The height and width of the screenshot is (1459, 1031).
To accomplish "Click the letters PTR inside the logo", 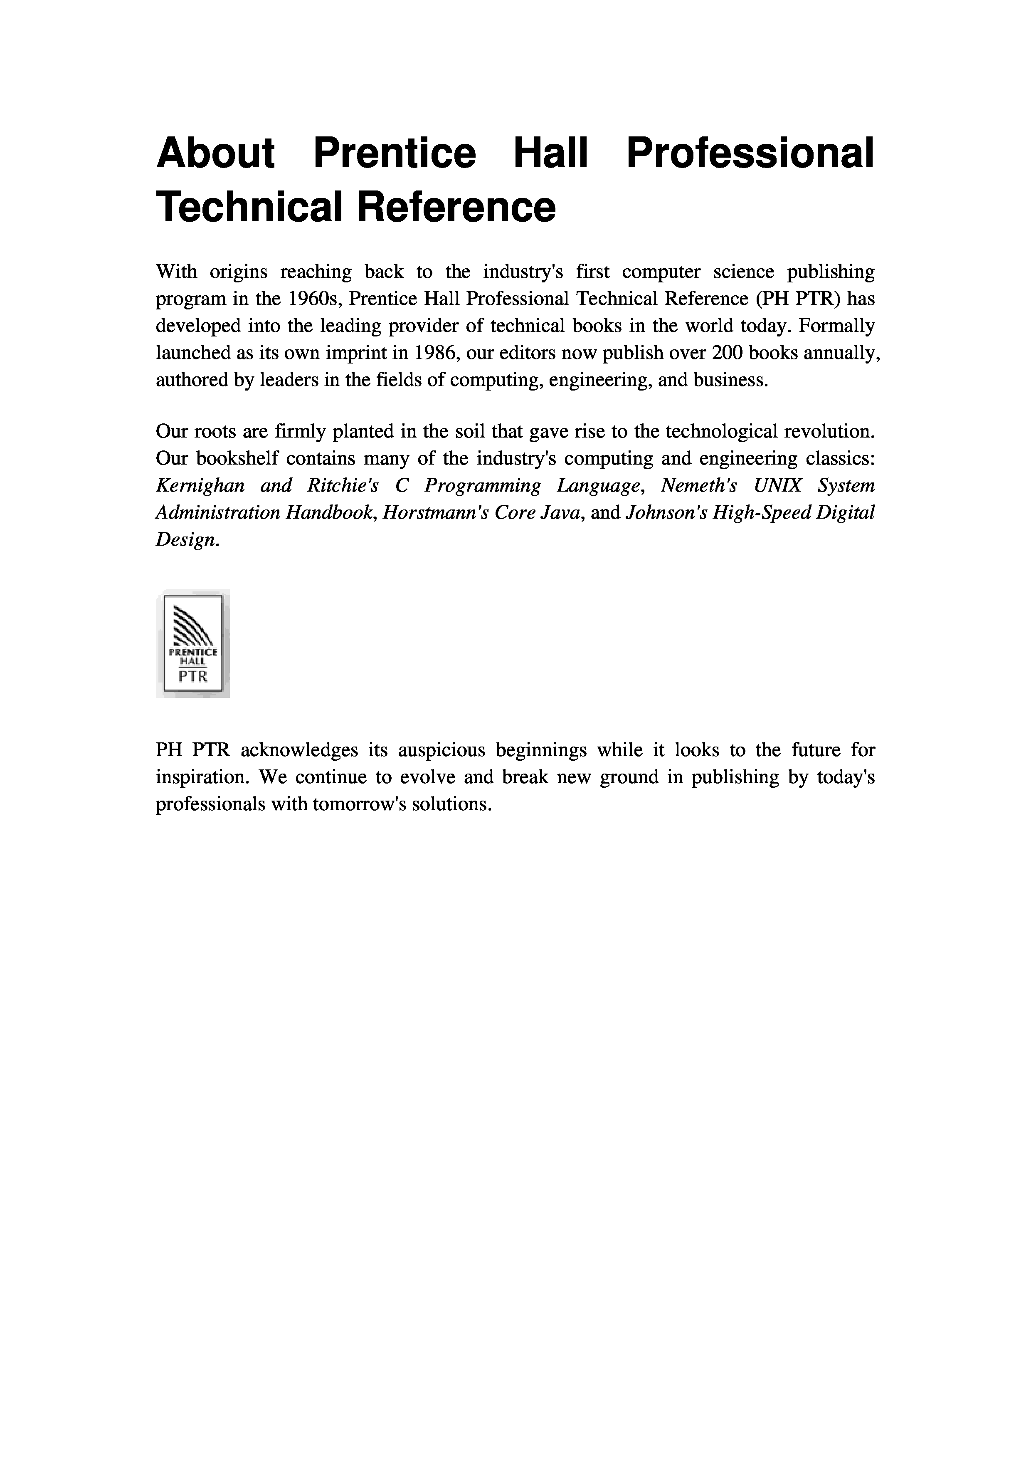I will click(x=193, y=677).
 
